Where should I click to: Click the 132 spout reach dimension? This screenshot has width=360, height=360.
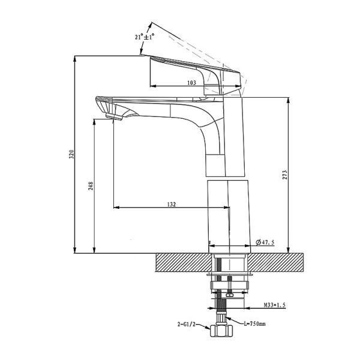(172, 205)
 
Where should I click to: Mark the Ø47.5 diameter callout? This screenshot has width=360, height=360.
(265, 242)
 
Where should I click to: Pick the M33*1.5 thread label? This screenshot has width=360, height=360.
(274, 305)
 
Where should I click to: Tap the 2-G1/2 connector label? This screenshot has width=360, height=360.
(186, 323)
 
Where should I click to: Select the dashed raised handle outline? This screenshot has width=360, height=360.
(198, 45)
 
